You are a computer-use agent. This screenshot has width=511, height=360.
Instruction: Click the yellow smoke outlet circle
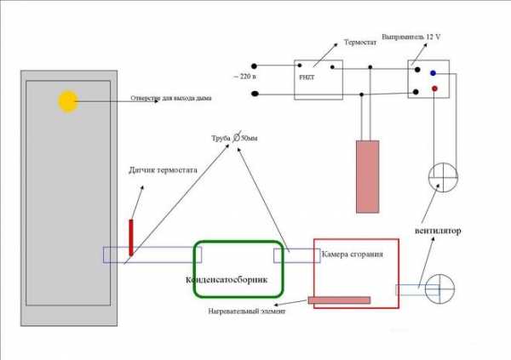(x=67, y=101)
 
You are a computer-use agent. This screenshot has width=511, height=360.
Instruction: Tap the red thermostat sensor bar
(x=131, y=237)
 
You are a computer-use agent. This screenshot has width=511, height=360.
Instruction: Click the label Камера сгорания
(x=358, y=254)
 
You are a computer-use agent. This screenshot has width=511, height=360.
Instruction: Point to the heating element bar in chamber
(x=339, y=300)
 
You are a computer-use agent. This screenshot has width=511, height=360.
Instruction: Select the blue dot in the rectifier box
(x=433, y=72)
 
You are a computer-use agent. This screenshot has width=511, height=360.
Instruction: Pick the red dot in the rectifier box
(x=434, y=88)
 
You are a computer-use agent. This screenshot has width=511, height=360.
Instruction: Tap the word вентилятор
(x=438, y=231)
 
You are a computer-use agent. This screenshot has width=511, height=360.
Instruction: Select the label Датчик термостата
(x=163, y=170)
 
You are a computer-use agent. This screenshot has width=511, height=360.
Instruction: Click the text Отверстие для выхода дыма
(x=171, y=99)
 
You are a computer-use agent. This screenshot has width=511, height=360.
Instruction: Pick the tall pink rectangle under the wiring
(x=367, y=175)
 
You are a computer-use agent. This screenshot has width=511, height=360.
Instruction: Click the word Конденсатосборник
(x=226, y=280)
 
